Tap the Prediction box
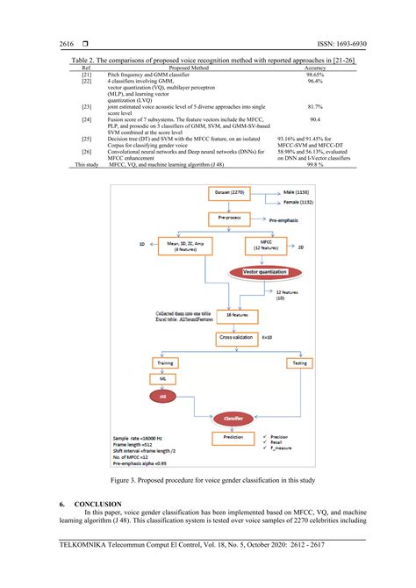point(234,436)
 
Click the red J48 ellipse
point(161,396)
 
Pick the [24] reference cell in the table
point(86,117)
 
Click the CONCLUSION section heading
point(97,505)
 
